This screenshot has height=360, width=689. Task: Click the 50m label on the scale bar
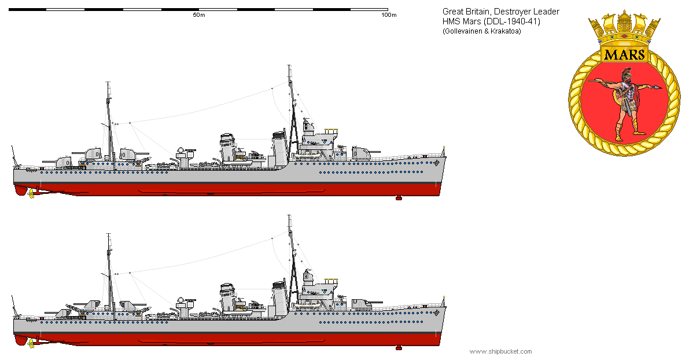tap(199, 15)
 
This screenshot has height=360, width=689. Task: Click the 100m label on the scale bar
tap(389, 15)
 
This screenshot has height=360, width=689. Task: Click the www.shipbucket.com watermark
tap(500, 351)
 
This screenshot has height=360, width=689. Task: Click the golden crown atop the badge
tap(624, 29)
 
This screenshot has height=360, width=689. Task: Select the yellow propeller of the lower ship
tap(31, 343)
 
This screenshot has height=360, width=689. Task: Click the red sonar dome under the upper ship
tap(399, 199)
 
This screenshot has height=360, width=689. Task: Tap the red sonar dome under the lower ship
tap(399, 347)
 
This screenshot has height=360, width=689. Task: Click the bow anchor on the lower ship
tap(436, 313)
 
